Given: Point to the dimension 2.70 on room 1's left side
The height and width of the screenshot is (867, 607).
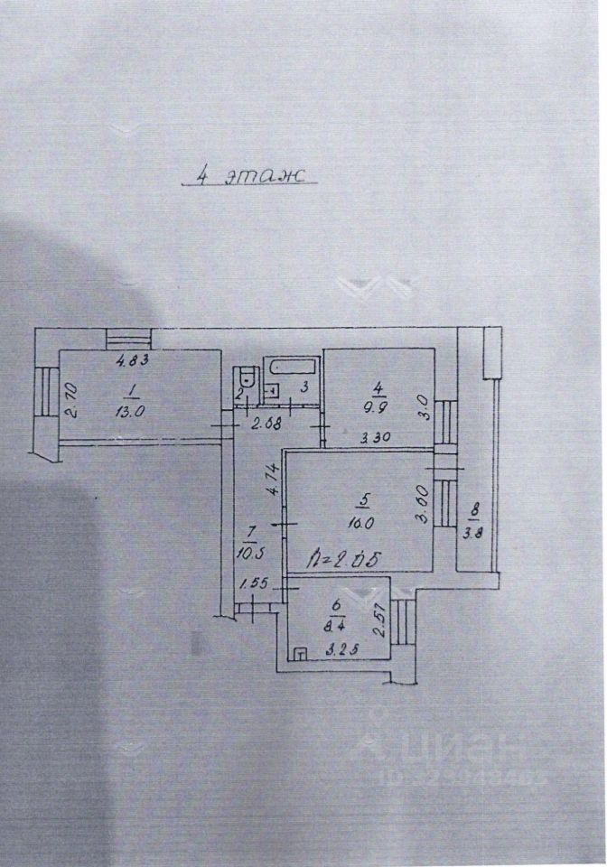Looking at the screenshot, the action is point(75,396).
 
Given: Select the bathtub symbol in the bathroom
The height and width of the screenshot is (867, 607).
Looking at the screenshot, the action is point(291,368).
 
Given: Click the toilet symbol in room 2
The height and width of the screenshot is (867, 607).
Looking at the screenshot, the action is point(243,380).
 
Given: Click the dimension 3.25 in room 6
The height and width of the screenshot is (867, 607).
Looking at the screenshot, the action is point(339,648).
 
